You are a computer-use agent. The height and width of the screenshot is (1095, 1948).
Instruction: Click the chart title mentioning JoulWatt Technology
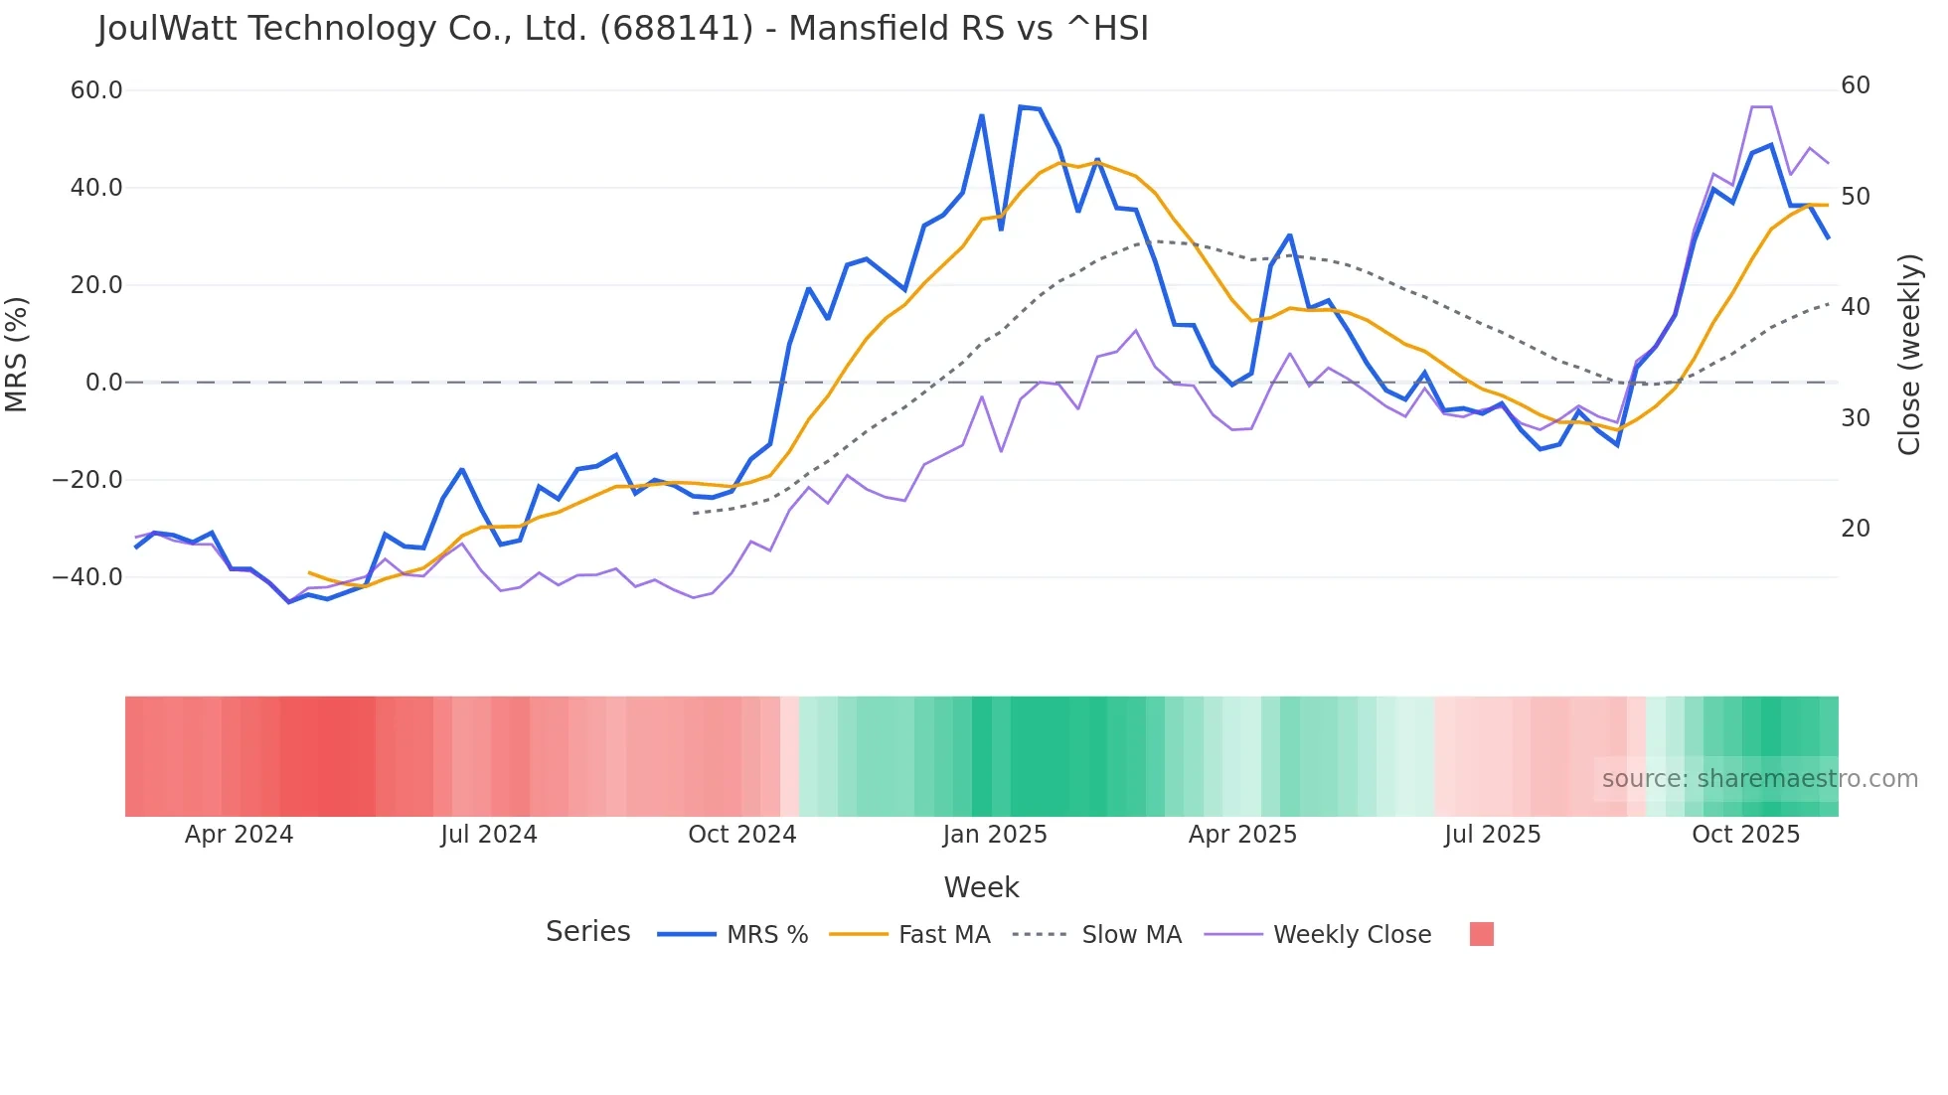622,29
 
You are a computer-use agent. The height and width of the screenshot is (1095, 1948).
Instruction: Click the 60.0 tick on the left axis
96,90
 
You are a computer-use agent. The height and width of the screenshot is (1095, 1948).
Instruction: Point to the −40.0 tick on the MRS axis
87,577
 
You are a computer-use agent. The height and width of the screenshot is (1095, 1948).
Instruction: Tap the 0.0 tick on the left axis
103,383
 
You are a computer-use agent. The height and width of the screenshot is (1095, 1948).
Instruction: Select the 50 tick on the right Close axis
1855,197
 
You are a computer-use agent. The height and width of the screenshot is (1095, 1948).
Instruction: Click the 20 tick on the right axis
1855,529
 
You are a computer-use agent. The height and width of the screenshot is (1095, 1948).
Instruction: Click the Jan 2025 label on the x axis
995,835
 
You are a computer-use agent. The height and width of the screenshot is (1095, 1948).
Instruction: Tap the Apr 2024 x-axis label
239,835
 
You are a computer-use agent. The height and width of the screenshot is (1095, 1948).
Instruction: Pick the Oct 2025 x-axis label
1745,835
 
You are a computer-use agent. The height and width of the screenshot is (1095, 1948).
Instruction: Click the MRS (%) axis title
17,354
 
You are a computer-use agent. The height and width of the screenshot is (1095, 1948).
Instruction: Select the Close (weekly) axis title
1909,354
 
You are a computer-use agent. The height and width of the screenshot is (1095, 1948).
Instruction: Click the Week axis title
981,887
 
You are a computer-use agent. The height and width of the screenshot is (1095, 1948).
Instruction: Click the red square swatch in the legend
1481,934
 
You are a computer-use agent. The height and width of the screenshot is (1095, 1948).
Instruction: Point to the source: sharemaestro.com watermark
1759,779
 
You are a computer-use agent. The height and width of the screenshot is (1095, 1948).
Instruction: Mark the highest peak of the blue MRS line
1021,106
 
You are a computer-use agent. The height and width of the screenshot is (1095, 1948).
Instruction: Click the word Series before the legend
587,932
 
